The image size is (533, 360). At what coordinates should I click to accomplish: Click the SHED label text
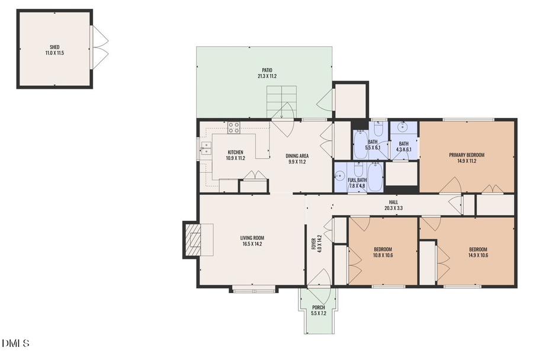[x=54, y=50]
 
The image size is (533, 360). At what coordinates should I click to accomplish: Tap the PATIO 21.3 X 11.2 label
[x=267, y=73]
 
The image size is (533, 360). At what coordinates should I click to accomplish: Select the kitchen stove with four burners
[x=234, y=127]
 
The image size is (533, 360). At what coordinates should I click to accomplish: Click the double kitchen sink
[x=206, y=147]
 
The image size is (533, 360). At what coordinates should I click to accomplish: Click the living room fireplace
[x=193, y=239]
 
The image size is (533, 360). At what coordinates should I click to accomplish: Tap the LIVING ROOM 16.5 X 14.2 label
[x=252, y=240]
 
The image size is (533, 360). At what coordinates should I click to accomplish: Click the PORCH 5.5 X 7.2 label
[x=318, y=310]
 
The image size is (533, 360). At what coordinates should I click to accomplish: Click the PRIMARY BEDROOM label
[x=466, y=157]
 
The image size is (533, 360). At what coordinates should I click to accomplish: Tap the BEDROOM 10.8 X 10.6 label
[x=383, y=252]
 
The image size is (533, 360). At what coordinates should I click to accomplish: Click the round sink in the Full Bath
[x=340, y=175]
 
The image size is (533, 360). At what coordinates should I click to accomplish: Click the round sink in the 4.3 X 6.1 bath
[x=403, y=126]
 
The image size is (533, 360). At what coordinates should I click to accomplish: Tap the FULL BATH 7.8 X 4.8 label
[x=357, y=182]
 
